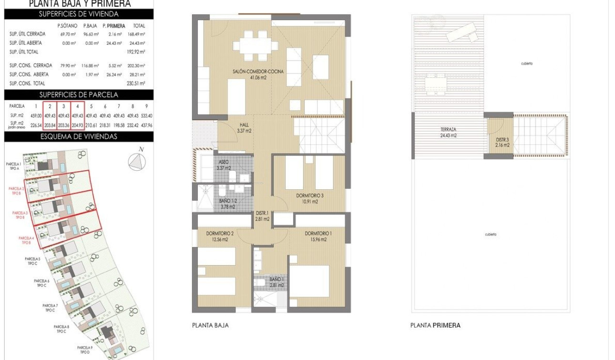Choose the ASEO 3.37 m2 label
[x=223, y=165]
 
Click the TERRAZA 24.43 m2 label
[x=448, y=132]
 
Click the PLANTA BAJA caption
[x=210, y=326]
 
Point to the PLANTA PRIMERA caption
[x=435, y=326]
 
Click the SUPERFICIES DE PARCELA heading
[x=79, y=94]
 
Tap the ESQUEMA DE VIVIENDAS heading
[x=79, y=136]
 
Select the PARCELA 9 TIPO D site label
[x=84, y=350]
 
